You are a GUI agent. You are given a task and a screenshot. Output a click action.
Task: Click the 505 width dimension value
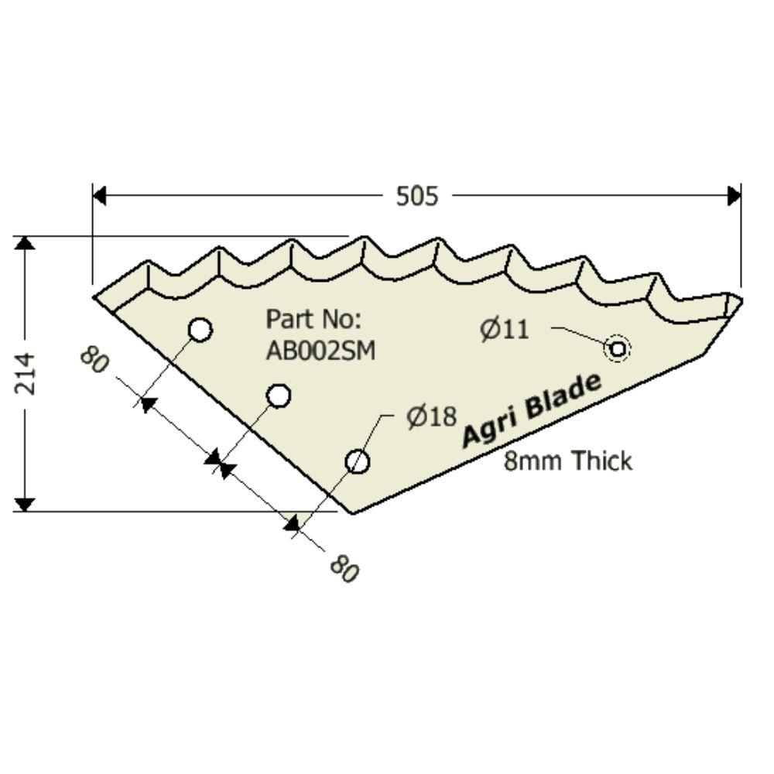point(417,197)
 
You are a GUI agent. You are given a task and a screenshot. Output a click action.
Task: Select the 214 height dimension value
point(26,373)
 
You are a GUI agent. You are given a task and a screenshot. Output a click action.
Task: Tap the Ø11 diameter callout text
point(504,330)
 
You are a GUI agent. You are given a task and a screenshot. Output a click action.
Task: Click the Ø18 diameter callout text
point(431,418)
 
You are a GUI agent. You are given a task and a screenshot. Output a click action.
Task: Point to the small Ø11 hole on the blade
point(617,349)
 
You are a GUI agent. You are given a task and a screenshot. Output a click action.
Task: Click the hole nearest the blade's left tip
point(200,330)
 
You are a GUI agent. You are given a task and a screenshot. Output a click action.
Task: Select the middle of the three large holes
point(279,396)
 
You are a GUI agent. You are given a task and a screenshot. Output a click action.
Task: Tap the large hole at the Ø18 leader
point(357,462)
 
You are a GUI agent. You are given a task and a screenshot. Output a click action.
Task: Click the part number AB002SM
point(320,351)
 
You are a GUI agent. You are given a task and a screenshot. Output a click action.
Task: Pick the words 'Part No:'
point(313,319)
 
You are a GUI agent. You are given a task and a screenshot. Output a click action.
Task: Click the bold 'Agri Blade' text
point(531,410)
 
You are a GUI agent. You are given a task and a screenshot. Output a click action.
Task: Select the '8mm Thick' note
point(567,461)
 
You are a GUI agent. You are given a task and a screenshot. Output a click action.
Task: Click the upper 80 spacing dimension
point(94,360)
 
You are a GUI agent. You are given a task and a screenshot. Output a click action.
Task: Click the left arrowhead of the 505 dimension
point(99,197)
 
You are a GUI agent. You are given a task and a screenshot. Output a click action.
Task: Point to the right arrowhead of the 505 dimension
point(735,197)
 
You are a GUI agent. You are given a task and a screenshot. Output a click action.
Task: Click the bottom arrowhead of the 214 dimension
point(26,505)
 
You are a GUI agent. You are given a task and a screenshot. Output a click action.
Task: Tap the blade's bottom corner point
point(352,512)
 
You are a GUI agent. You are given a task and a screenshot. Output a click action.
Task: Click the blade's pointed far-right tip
point(741,299)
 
